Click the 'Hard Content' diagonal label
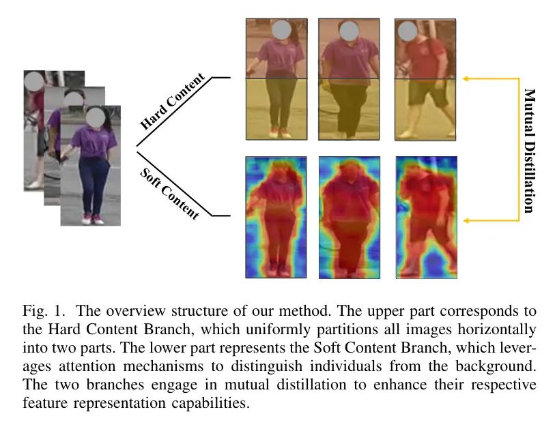click(173, 100)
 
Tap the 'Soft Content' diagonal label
click(170, 194)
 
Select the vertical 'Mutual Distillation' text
click(529, 151)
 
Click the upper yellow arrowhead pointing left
click(466, 78)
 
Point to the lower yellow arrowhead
click(466, 221)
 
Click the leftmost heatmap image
click(276, 217)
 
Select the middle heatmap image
click(350, 218)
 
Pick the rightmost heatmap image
click(426, 217)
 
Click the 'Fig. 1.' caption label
click(44, 311)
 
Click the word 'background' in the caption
click(494, 366)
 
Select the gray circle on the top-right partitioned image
click(408, 31)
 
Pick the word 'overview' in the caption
click(136, 311)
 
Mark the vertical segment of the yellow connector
click(519, 149)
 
